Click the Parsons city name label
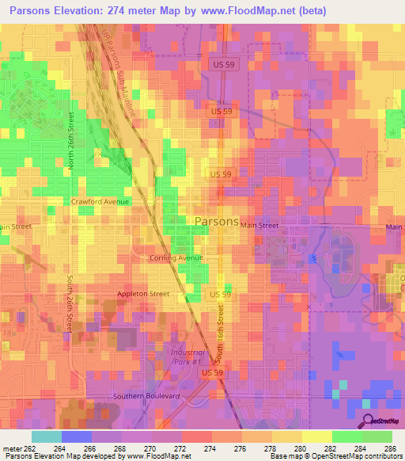pos(216,222)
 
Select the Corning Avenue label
pos(176,258)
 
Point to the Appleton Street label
pos(143,294)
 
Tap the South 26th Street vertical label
pos(70,303)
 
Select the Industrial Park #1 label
pos(187,356)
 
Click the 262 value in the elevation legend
pos(30,448)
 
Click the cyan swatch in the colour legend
pos(46,436)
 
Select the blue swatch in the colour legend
pos(76,436)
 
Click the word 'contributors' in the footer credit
pos(379,457)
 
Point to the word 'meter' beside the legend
pos(10,448)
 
